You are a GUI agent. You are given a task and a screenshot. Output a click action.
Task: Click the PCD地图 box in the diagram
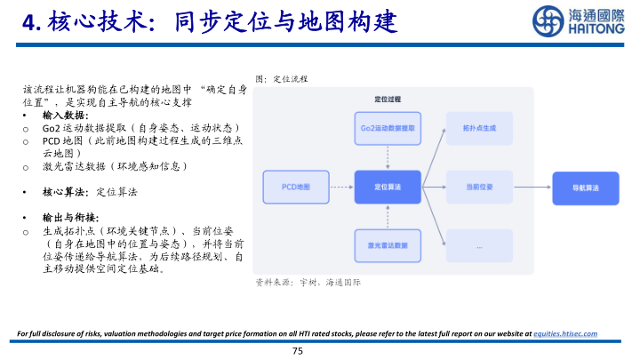point(290,187)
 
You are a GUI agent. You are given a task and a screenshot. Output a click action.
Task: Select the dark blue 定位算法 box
point(388,187)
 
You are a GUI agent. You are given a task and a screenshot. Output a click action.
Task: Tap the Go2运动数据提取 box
point(388,129)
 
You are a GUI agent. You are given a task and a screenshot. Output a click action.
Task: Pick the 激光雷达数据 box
point(388,244)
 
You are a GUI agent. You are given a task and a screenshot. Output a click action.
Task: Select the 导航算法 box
point(581,187)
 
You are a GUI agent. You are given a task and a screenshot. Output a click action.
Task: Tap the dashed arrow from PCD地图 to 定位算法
point(337,187)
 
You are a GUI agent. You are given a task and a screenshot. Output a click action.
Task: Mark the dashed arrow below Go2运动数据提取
point(388,157)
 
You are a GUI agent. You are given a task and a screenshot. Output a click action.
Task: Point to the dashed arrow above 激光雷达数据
point(388,216)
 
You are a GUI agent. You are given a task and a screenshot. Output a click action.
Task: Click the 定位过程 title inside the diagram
point(388,100)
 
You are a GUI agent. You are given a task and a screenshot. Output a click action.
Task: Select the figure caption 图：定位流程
point(281,79)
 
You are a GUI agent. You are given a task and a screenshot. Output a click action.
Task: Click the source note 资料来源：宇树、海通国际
point(308,282)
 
